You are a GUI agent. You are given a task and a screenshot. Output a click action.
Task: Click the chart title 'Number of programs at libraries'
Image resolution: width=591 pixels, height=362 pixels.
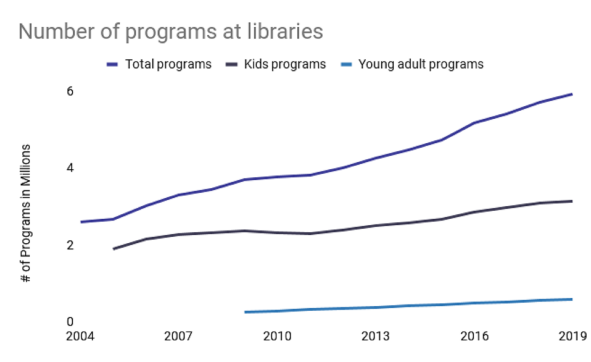(x=170, y=32)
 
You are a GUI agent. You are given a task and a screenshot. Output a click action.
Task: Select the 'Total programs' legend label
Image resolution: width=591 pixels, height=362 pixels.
(x=168, y=64)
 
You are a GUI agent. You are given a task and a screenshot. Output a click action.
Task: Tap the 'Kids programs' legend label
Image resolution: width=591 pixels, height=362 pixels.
(x=285, y=64)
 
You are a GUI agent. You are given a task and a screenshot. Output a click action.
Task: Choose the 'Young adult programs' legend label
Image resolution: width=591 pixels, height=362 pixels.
(x=421, y=64)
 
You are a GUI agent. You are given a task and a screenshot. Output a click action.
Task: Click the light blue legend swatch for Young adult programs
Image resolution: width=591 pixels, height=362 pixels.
(x=346, y=65)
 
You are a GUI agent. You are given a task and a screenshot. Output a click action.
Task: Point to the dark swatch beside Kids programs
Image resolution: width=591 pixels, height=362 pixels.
(x=231, y=65)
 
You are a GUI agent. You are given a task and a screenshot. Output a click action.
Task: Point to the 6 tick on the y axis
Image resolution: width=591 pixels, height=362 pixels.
(x=70, y=91)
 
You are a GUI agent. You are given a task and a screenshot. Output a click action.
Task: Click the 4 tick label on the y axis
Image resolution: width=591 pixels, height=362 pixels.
(x=70, y=168)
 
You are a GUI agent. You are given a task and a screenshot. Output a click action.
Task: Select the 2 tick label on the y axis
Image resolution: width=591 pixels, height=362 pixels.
(x=70, y=245)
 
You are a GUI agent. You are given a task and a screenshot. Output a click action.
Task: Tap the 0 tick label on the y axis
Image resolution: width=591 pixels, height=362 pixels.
(x=70, y=321)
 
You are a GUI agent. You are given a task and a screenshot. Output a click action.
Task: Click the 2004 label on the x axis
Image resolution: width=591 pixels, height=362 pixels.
(x=80, y=336)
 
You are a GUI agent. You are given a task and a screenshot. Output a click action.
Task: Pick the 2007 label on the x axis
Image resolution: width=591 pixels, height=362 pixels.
(x=178, y=336)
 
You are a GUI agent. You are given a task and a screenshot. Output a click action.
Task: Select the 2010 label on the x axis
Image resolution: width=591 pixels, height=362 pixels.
(x=277, y=336)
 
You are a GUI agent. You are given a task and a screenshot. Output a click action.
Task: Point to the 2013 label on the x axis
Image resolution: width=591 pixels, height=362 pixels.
(x=376, y=336)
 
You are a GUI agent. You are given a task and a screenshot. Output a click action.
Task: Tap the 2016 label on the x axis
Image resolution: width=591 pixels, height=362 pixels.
(x=474, y=336)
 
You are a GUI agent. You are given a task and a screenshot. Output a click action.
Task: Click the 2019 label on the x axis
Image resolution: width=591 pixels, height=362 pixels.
(x=573, y=336)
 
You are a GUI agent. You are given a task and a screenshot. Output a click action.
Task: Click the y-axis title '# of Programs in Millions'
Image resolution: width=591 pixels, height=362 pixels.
(x=25, y=213)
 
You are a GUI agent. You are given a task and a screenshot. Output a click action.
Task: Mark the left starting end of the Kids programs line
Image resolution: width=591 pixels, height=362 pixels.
(x=114, y=249)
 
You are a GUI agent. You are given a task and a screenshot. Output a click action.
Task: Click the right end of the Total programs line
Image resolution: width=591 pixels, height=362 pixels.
(x=572, y=94)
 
